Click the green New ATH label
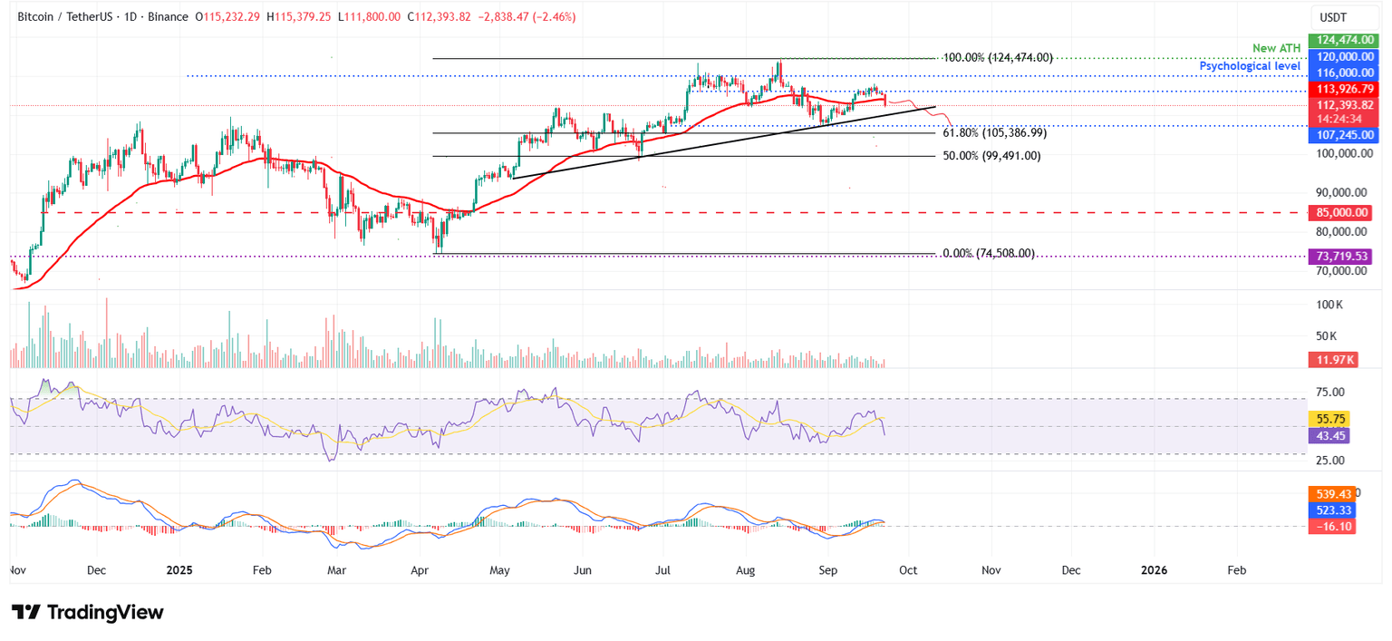(x=1277, y=47)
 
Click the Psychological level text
(x=1250, y=66)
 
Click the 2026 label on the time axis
(x=1154, y=570)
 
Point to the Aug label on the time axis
(x=745, y=570)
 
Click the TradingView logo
(x=88, y=613)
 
